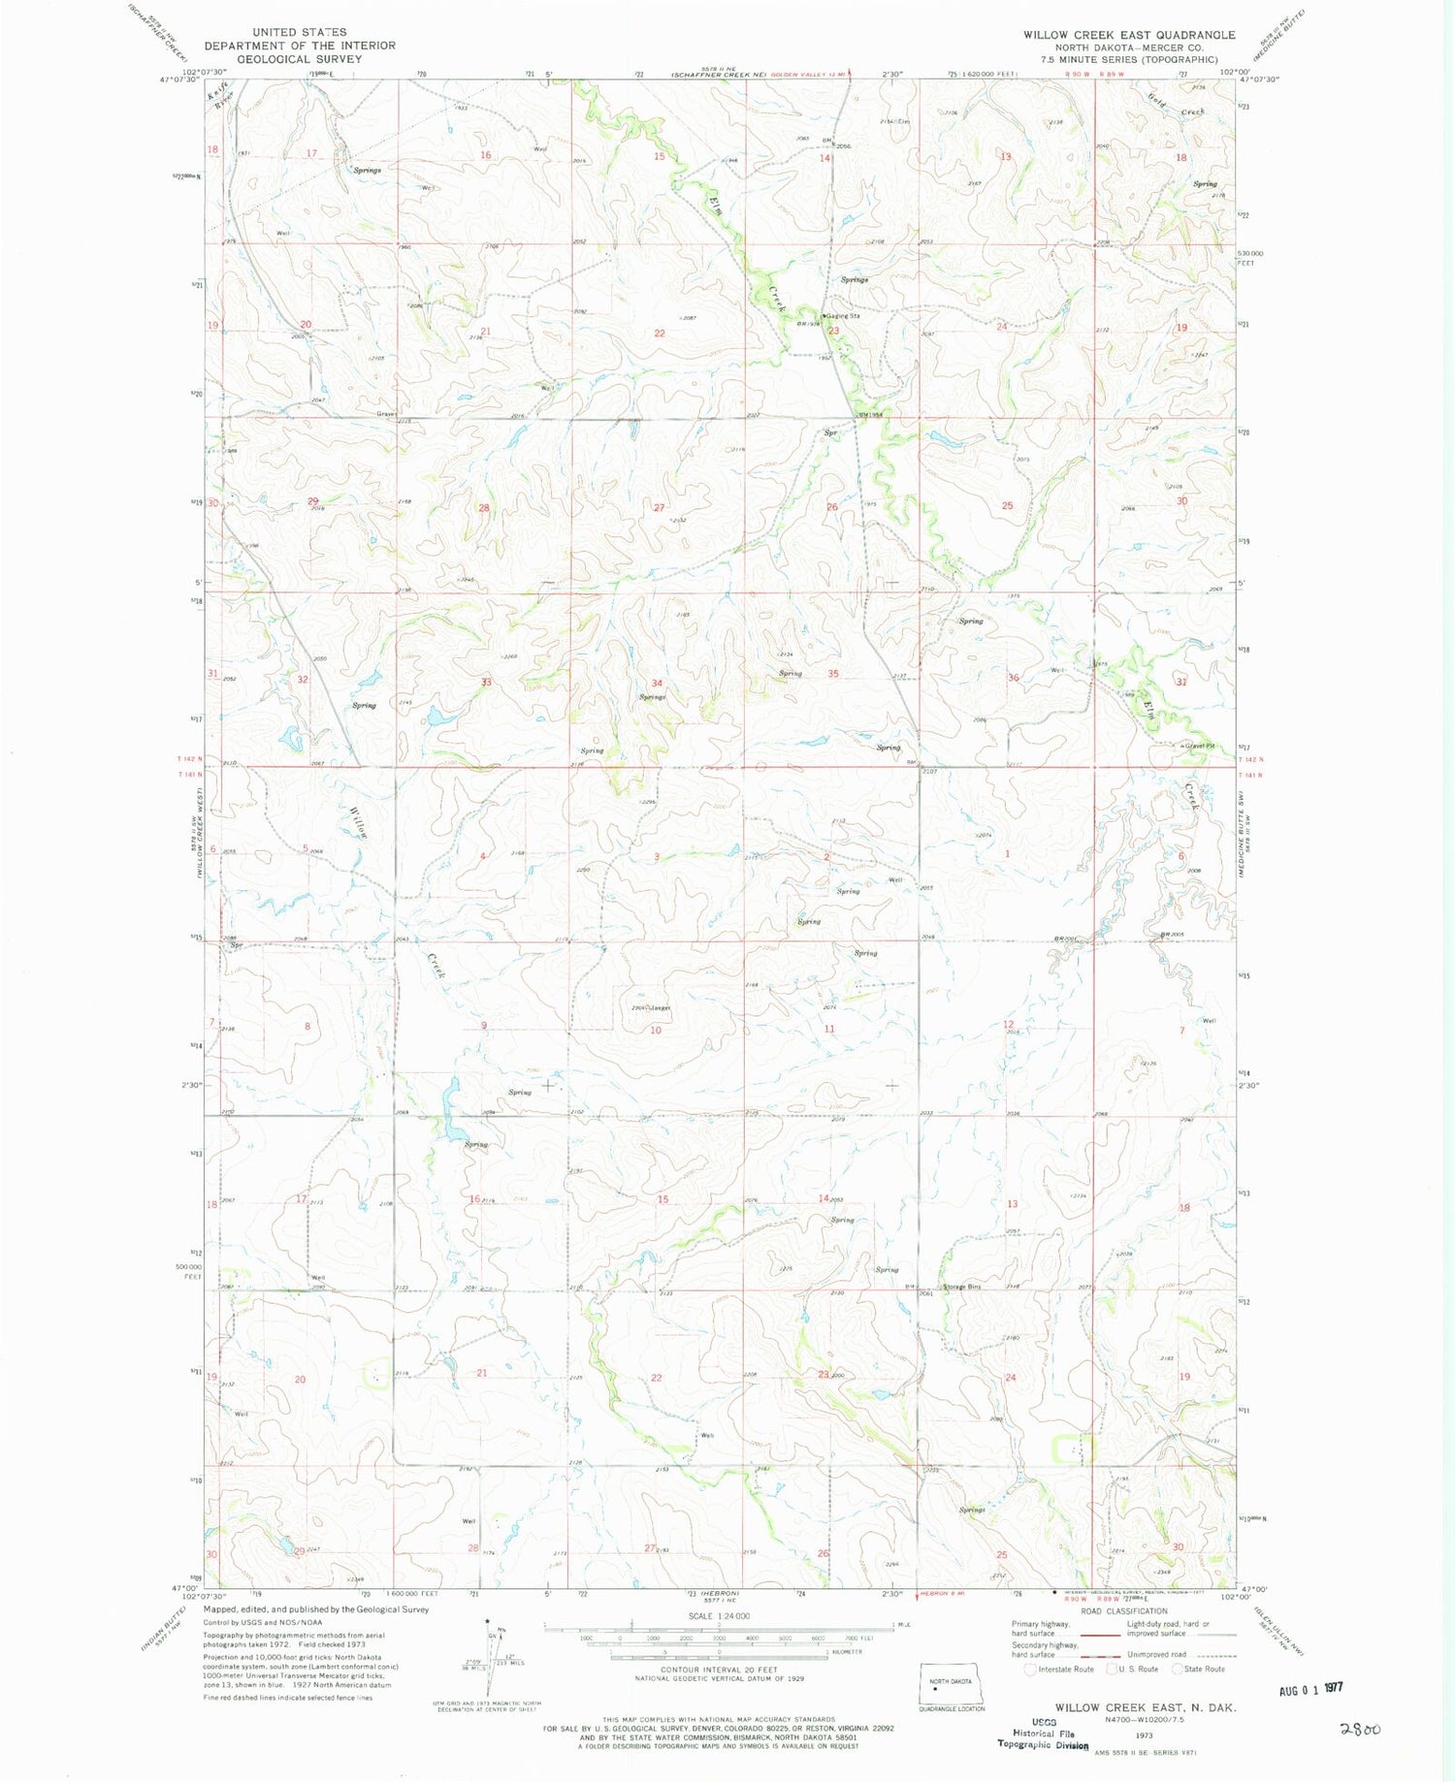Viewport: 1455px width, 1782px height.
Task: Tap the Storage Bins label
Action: [x=963, y=1287]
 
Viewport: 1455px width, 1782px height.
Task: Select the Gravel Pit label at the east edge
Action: [x=1199, y=746]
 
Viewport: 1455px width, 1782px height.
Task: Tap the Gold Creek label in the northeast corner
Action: [x=1176, y=107]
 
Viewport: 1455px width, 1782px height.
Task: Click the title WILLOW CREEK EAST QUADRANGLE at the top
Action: [x=1129, y=35]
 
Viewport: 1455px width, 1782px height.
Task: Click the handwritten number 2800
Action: [x=1360, y=1728]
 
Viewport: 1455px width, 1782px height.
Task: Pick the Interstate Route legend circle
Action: [x=1031, y=1669]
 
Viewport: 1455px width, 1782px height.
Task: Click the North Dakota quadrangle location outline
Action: [x=951, y=1683]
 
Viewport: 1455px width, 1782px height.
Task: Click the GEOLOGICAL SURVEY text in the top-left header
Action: [x=300, y=58]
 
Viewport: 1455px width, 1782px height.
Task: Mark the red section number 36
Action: [x=1014, y=678]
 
